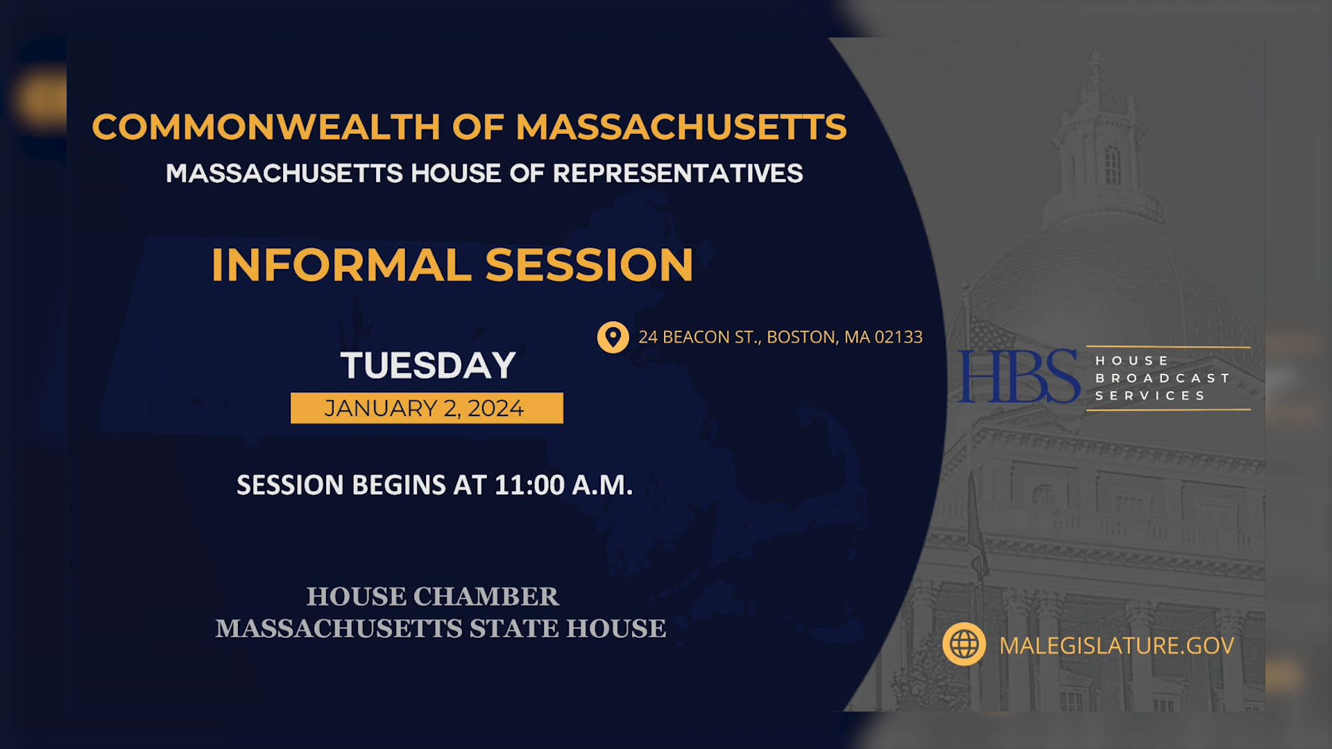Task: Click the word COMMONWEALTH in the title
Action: (x=266, y=127)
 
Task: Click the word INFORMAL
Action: (x=341, y=265)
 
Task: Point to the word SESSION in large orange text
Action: (x=589, y=265)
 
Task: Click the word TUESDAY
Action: (x=428, y=365)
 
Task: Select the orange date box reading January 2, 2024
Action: (x=427, y=408)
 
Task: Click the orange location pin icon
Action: (x=613, y=337)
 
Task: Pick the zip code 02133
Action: (x=898, y=337)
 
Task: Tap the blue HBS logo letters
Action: (x=1018, y=377)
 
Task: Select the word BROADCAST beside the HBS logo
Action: (x=1162, y=378)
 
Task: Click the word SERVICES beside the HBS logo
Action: (x=1150, y=395)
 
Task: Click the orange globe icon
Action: (x=964, y=644)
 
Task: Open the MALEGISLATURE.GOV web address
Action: (x=1116, y=646)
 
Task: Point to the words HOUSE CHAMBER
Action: (x=432, y=596)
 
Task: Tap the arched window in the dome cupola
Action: (x=1113, y=165)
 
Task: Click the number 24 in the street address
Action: (x=648, y=337)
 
